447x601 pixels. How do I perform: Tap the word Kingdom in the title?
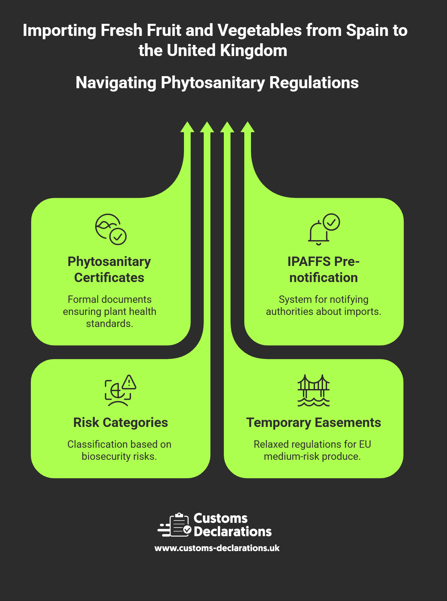(253, 51)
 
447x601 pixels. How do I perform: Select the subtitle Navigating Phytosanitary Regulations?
(217, 83)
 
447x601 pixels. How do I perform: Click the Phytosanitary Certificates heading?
(109, 269)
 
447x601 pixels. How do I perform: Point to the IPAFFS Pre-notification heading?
(323, 269)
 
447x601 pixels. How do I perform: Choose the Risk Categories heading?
(121, 423)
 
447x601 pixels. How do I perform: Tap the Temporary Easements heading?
(313, 423)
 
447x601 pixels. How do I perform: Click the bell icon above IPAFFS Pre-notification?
(319, 232)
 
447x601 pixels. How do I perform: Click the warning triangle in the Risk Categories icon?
(129, 382)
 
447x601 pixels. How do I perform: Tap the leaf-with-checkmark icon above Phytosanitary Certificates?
(111, 229)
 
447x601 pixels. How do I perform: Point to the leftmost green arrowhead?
(187, 127)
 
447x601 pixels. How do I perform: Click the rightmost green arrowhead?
(248, 127)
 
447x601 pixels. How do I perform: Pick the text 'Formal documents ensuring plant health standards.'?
(110, 311)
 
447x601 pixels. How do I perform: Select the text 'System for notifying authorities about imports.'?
(323, 305)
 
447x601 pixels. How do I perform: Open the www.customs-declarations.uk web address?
(217, 548)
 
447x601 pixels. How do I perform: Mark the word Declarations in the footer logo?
(233, 532)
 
